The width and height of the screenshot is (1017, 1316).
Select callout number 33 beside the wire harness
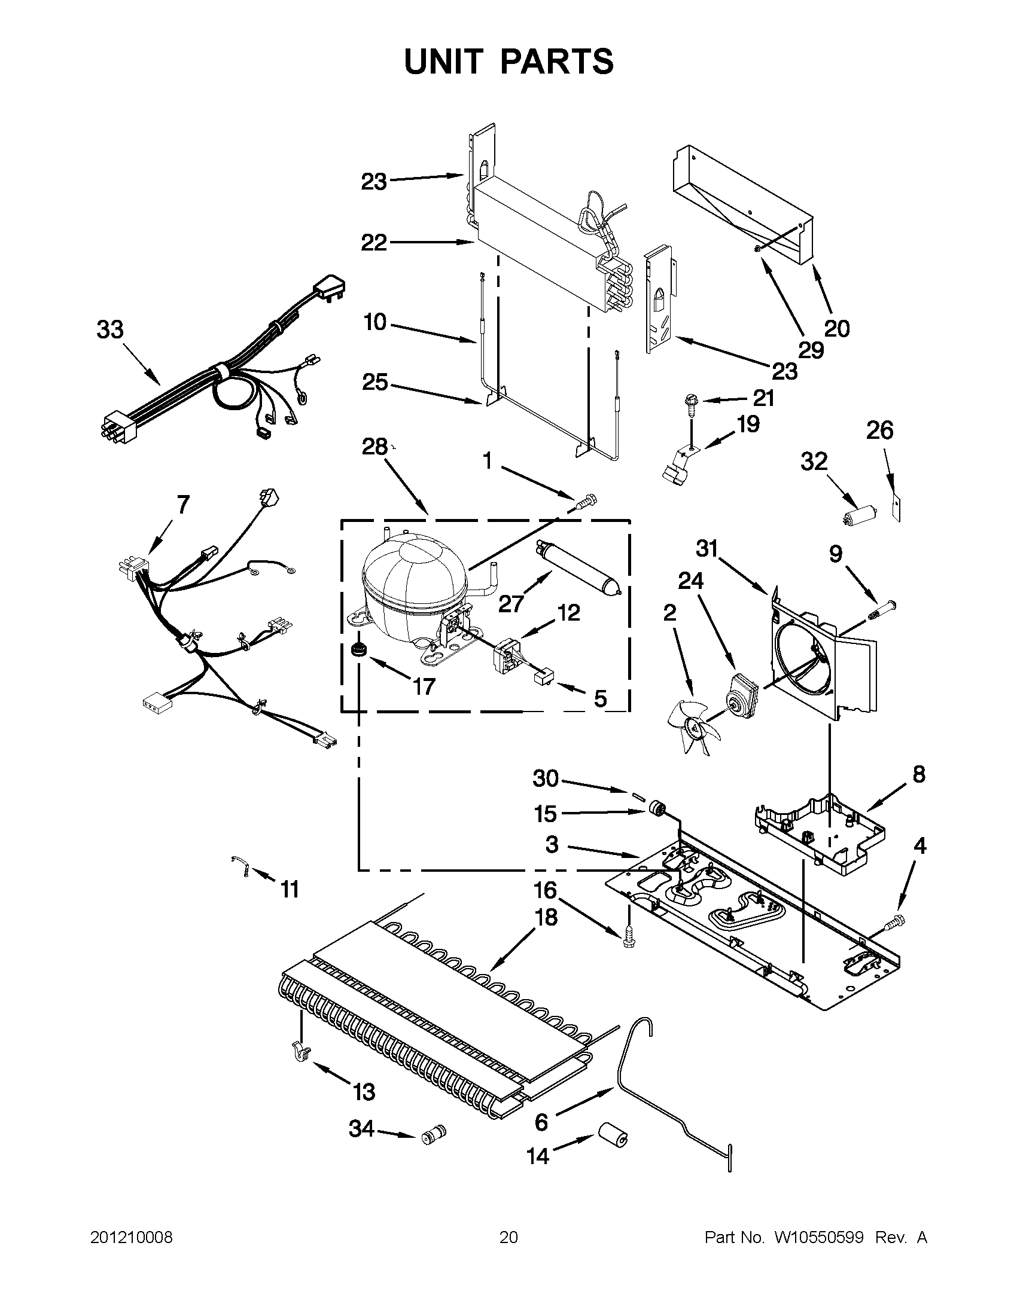(x=110, y=330)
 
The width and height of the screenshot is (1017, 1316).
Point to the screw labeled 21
(x=689, y=403)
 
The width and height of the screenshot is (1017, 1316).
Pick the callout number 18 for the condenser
(x=545, y=917)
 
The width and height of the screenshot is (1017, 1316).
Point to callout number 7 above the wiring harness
(x=182, y=504)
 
